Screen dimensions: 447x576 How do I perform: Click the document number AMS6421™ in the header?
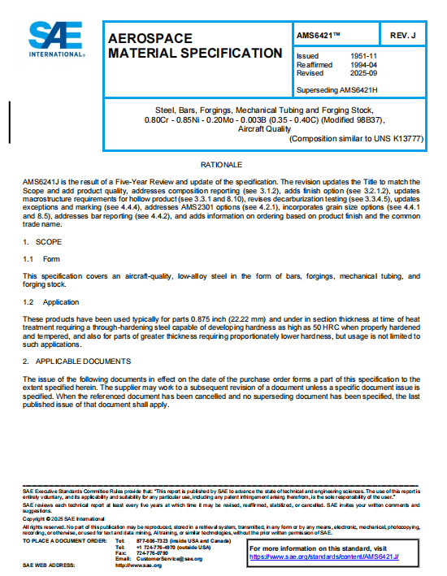click(320, 37)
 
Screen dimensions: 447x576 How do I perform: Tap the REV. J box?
click(402, 37)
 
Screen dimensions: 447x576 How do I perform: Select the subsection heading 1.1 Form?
click(41, 258)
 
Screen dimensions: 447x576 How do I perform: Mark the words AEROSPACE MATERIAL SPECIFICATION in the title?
click(195, 45)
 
